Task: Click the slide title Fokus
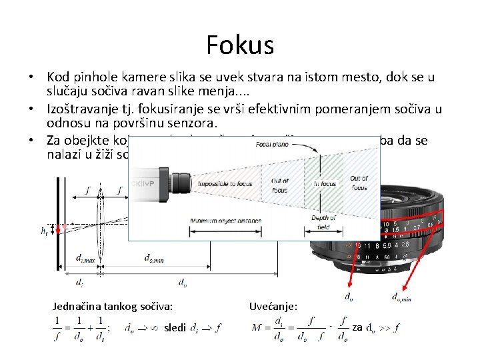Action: [x=240, y=45]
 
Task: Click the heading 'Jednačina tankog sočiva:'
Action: [x=113, y=306]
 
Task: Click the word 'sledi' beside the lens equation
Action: [x=175, y=327]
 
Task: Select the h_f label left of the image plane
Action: [x=44, y=231]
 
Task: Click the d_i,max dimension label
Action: [x=84, y=258]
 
